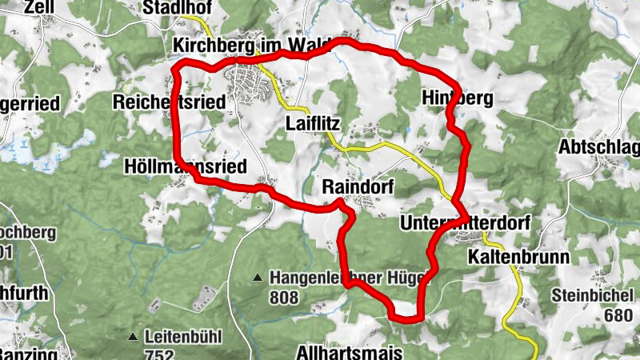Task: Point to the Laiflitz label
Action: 314,123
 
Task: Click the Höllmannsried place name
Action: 186,166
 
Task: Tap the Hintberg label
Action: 457,98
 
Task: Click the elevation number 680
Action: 618,315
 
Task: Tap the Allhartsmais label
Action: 345,352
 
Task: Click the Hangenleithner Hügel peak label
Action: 351,278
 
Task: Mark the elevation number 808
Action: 283,298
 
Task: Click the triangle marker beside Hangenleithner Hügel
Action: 258,278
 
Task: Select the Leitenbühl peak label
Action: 183,336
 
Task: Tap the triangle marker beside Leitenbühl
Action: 134,336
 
